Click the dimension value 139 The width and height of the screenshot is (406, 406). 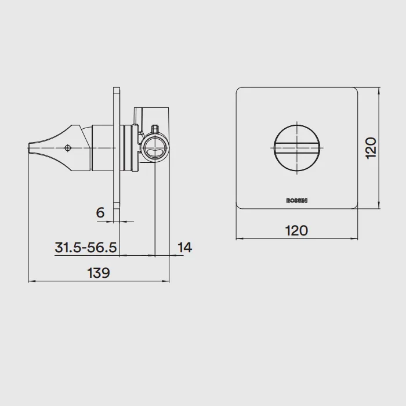[x=99, y=273]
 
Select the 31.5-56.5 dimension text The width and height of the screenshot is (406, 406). [x=86, y=247]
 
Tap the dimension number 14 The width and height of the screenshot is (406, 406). [x=184, y=247]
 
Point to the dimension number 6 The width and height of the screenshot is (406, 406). [x=100, y=213]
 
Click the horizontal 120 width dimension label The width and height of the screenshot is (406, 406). [x=296, y=230]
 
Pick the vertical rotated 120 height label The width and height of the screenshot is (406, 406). [x=371, y=148]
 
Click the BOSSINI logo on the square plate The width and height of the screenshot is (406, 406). [x=297, y=201]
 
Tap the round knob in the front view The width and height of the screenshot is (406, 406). [x=297, y=148]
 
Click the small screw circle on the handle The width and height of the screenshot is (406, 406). [x=68, y=148]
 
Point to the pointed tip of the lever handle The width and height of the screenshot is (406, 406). [x=28, y=148]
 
